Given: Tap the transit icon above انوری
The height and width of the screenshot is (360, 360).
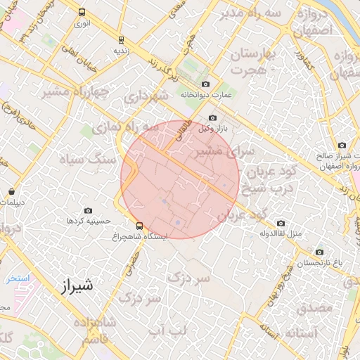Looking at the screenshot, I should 82,13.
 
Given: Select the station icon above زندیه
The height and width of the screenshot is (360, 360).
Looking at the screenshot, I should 122,40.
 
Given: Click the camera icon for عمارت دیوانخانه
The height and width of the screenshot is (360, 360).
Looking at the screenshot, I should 205,84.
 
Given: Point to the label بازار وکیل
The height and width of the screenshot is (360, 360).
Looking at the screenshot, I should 214,129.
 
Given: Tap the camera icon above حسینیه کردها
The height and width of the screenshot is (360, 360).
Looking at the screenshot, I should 88,210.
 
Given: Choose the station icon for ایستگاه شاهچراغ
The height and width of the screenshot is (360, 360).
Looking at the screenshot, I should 139,226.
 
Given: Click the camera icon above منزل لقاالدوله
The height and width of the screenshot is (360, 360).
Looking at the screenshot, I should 281,223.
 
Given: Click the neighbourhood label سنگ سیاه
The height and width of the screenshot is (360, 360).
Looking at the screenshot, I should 91,159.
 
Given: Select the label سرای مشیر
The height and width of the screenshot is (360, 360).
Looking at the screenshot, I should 218,150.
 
